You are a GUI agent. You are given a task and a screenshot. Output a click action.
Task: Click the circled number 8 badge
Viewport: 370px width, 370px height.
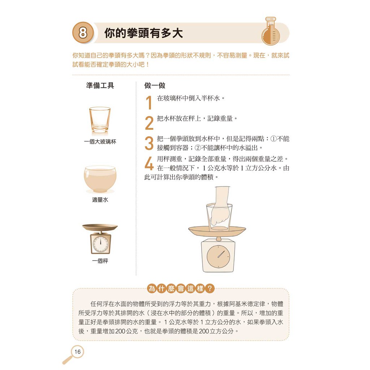pos(83,33)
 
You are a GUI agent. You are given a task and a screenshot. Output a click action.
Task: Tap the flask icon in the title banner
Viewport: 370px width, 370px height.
pos(271,31)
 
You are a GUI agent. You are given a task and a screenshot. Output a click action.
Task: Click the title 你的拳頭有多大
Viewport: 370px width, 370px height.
pos(143,33)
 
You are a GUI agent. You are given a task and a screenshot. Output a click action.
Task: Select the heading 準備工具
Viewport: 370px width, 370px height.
pos(100,85)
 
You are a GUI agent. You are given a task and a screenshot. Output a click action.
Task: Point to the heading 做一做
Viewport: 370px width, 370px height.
pos(155,85)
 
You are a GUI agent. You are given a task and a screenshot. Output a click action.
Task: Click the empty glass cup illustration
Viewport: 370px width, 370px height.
pos(100,121)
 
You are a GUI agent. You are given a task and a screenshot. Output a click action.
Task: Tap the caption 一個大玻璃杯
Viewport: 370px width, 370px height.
pos(100,142)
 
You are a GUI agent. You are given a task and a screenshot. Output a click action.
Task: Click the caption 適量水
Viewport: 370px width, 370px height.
pos(100,199)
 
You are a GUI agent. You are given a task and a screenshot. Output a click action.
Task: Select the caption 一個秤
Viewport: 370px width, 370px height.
pos(100,261)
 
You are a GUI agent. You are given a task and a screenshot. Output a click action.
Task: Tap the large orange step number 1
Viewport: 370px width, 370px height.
pos(149,103)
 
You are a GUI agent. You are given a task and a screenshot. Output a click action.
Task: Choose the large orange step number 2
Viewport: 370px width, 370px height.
pos(149,123)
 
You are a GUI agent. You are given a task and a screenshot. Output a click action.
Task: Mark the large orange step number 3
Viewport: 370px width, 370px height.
pos(149,143)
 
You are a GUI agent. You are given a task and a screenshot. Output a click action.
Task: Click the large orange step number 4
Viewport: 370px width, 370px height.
pos(149,164)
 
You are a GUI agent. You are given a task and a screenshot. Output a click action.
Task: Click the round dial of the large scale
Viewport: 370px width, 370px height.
pos(219,257)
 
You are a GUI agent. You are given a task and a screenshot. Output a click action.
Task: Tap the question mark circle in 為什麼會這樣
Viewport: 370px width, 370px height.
pos(210,288)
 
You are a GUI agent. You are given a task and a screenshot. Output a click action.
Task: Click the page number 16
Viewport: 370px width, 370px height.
pos(77,352)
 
